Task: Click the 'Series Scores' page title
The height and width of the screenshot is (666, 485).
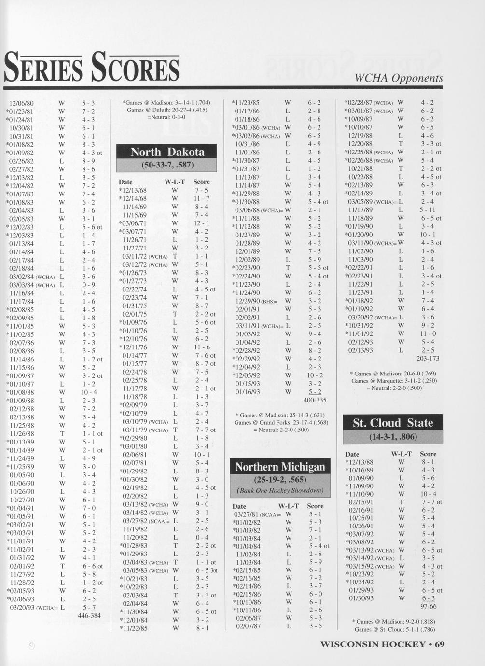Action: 92,68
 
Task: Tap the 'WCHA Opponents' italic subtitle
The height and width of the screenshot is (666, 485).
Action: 399,78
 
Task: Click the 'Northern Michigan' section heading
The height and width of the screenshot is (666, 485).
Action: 280,467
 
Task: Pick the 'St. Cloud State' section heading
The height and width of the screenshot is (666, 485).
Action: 393,423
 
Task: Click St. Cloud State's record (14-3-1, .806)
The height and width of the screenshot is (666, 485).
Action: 393,437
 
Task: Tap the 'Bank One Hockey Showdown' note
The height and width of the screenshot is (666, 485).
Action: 280,490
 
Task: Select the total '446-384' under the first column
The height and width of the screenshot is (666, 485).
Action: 89,615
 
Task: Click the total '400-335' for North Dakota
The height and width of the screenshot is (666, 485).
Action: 315,400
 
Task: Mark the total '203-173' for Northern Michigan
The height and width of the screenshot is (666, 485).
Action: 428,359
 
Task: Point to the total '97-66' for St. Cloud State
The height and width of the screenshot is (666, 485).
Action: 428,606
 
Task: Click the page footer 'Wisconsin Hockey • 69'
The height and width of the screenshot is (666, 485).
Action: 382,644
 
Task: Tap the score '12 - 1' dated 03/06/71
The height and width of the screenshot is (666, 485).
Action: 201,223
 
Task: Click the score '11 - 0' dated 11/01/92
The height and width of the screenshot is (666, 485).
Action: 428,333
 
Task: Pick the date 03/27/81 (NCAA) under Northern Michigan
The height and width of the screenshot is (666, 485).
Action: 257,514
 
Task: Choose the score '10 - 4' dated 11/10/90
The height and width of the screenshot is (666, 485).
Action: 428,494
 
